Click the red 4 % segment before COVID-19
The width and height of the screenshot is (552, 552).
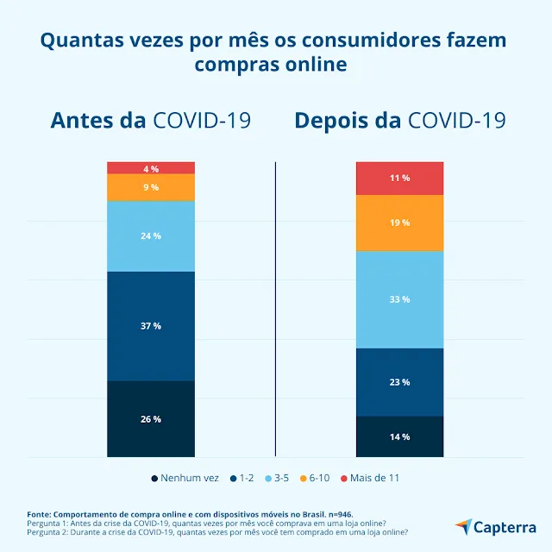pyautogui.click(x=151, y=168)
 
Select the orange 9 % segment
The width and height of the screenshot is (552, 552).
pyautogui.click(x=151, y=187)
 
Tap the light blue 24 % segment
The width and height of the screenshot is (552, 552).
pyautogui.click(x=151, y=235)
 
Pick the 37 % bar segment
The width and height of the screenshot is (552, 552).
pyautogui.click(x=151, y=326)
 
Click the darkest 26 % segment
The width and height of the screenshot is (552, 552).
pyautogui.click(x=151, y=419)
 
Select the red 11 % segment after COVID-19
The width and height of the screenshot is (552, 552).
pyautogui.click(x=399, y=178)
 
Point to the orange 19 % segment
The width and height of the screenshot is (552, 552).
pyautogui.click(x=399, y=223)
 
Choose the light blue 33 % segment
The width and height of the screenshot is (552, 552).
pyautogui.click(x=399, y=299)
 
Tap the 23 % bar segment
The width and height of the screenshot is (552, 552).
pyautogui.click(x=399, y=382)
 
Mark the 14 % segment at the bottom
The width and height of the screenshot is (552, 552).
pyautogui.click(x=399, y=436)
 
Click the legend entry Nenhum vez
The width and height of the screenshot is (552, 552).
pyautogui.click(x=185, y=478)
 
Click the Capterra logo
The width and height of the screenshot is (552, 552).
pyautogui.click(x=495, y=526)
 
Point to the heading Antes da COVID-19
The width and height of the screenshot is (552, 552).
pyautogui.click(x=151, y=120)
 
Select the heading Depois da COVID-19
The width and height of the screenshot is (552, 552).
pyautogui.click(x=399, y=120)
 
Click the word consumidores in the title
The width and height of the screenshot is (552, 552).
pyautogui.click(x=365, y=41)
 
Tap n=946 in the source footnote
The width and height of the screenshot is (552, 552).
pyautogui.click(x=336, y=512)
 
